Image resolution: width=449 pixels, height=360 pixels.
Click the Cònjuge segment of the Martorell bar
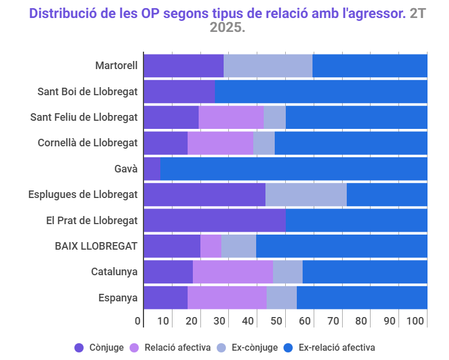point(183,65)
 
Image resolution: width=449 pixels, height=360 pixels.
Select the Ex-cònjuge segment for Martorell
point(268,65)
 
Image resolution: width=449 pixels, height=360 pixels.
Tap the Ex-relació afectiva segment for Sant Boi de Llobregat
point(321,91)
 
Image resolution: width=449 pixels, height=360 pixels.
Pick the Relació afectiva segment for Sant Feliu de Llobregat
point(231,117)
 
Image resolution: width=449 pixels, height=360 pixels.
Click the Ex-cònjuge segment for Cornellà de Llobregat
point(264,143)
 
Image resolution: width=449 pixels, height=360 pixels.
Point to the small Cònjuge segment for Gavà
point(152,169)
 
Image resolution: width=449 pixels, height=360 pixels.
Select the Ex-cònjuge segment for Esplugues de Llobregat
point(306,195)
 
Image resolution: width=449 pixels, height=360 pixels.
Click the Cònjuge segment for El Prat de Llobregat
point(214,220)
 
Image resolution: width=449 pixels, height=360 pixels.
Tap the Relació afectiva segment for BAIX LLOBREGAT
point(211,246)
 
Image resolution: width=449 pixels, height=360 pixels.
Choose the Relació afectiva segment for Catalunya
point(232,272)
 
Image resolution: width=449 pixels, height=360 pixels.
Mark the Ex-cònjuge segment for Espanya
point(282,297)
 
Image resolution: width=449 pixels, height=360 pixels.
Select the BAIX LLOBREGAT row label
point(96,246)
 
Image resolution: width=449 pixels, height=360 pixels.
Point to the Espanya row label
point(118,298)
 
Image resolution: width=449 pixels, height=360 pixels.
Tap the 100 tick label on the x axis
point(416,321)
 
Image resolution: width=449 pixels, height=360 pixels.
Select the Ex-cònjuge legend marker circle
point(221,348)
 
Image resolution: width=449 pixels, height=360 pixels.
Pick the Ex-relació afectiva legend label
point(336,348)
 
